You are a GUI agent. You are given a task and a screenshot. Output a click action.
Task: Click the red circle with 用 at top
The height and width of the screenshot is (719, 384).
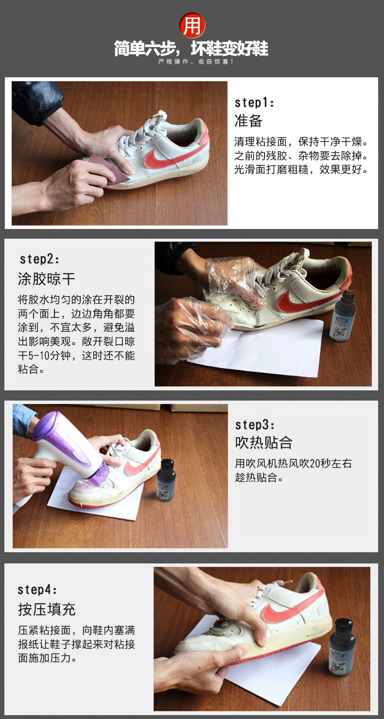192,25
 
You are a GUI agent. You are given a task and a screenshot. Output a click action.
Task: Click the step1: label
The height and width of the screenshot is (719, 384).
254,103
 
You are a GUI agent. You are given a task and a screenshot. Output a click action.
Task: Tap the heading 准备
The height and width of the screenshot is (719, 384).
248,121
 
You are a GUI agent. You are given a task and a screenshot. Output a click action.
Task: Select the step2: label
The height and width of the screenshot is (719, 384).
39,259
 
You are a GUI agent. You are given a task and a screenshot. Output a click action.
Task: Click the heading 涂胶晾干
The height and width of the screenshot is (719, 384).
47,279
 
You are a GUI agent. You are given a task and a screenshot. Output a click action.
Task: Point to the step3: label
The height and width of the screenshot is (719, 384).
255,425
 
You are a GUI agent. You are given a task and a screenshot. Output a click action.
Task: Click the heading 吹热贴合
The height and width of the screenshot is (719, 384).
263,443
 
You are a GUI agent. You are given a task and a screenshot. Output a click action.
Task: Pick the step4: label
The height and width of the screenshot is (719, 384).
37,590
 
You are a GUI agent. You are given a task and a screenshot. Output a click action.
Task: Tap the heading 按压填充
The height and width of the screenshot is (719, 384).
47,609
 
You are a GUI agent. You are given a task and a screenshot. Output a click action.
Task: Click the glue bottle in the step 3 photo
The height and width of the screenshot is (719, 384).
166,480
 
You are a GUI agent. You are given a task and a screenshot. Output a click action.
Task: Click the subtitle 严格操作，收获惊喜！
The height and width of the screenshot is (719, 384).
195,62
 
